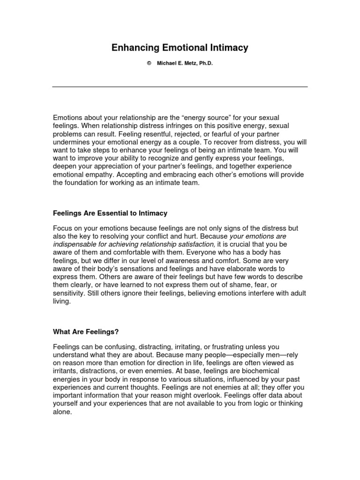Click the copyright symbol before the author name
click(149, 63)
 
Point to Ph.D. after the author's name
click(205, 63)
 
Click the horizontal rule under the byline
click(180, 87)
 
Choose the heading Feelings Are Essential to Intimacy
click(110, 213)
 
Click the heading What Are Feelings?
click(86, 332)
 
